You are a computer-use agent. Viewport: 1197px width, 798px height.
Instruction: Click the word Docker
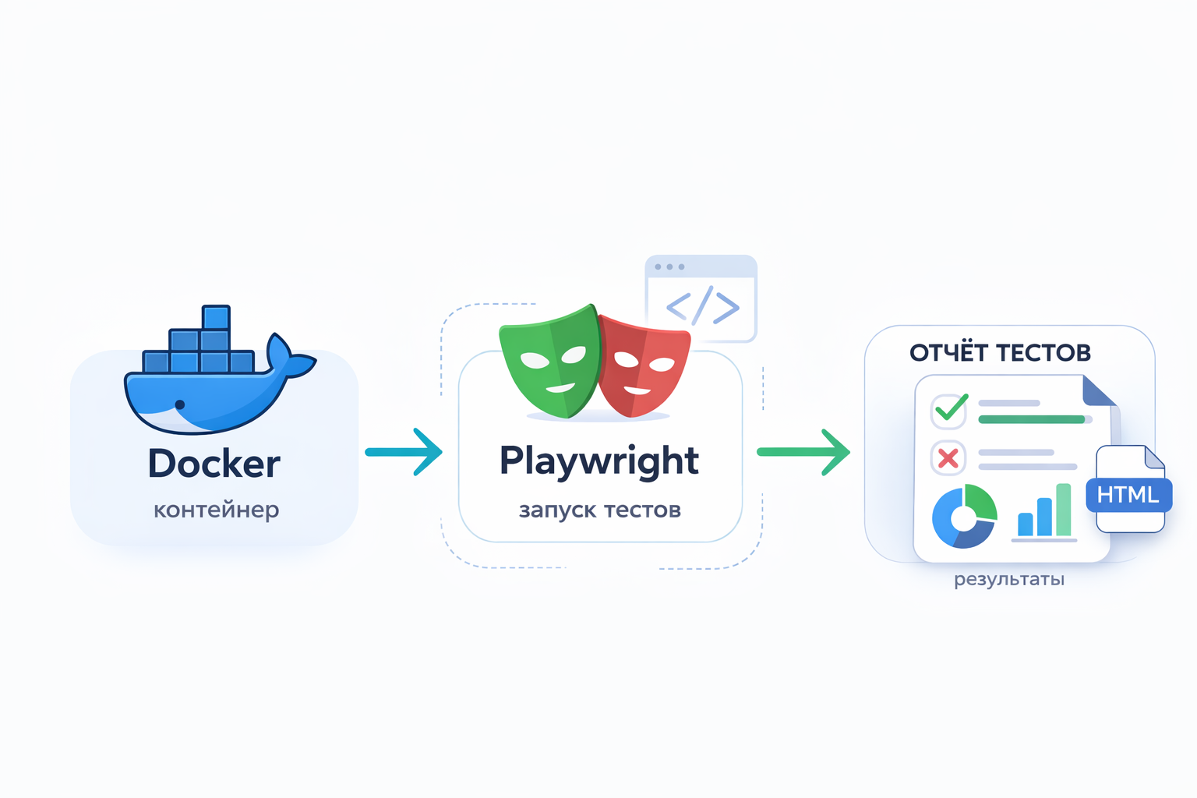point(214,464)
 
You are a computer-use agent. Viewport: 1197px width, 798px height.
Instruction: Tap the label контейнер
point(216,510)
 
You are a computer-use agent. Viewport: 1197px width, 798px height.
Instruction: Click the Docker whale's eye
point(180,404)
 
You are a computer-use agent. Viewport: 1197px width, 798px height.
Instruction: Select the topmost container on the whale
point(216,318)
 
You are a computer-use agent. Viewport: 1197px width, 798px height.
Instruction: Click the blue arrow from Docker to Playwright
point(404,452)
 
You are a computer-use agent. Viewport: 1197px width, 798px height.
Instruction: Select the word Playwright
point(598,461)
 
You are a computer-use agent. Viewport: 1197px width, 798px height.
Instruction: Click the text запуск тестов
point(599,510)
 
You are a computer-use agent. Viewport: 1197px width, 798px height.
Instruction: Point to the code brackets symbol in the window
point(702,306)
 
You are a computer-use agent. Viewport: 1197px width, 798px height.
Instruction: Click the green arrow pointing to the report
point(803,452)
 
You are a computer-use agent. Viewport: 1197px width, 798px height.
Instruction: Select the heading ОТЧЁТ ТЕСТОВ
point(1000,353)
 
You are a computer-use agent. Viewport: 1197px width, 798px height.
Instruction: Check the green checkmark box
point(949,410)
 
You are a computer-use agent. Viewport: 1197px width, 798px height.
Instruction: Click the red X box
point(948,458)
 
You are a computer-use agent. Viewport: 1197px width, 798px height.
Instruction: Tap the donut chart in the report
point(964,516)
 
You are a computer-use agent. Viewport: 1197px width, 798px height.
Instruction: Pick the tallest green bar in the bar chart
point(1063,510)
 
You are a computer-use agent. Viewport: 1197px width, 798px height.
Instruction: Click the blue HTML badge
point(1128,495)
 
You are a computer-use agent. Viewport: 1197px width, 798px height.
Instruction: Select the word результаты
point(1008,579)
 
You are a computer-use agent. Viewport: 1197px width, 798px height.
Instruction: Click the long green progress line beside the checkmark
point(1031,419)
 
